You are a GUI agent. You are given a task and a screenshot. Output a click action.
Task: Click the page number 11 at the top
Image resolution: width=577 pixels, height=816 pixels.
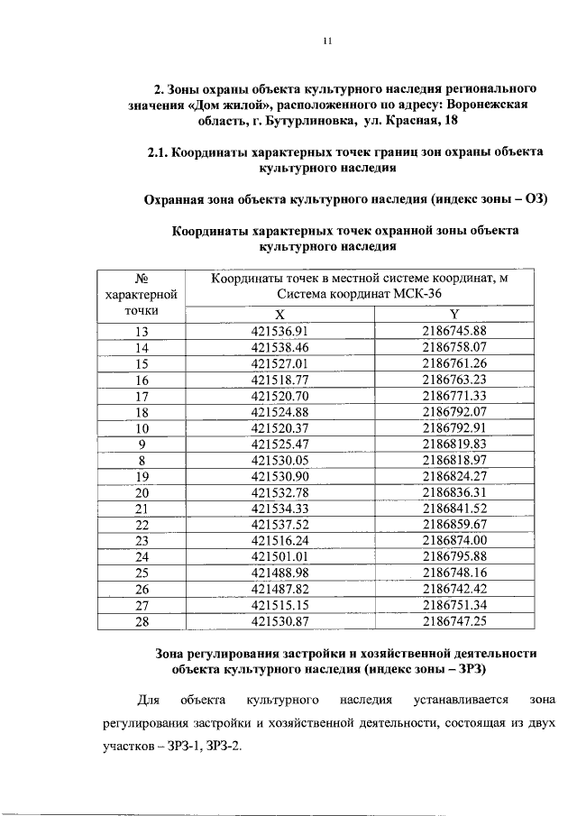(x=328, y=41)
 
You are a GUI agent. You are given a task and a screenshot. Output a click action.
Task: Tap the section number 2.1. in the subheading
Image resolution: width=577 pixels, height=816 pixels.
(x=160, y=153)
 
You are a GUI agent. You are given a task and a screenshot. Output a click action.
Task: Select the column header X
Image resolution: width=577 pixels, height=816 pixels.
(x=279, y=314)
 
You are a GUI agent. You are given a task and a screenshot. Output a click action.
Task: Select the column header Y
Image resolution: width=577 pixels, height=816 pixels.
(x=454, y=314)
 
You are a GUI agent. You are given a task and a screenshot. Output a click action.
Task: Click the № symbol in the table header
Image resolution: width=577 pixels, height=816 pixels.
(x=141, y=280)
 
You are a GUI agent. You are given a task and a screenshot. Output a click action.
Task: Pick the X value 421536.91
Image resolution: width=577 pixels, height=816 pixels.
(x=279, y=330)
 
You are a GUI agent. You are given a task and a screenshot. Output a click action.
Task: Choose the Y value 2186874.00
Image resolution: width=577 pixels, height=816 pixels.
(x=454, y=540)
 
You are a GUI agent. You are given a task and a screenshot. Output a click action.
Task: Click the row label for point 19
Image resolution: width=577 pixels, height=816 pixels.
(x=142, y=476)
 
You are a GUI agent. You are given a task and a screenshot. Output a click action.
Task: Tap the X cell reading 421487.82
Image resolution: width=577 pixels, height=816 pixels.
(x=279, y=589)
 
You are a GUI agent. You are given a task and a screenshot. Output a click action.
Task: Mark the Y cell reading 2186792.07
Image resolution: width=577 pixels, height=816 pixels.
(x=454, y=411)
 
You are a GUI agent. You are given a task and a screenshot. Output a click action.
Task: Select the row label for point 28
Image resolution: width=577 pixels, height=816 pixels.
(x=142, y=621)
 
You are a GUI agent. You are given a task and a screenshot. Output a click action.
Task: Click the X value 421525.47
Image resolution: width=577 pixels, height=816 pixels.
(x=279, y=444)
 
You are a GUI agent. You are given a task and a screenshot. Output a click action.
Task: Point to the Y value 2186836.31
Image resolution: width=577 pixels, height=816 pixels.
(x=454, y=492)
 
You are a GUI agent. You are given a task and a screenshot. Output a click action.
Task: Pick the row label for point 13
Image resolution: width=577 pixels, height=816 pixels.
(x=142, y=330)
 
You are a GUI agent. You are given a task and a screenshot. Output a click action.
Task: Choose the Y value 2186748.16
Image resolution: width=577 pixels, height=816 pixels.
(x=454, y=573)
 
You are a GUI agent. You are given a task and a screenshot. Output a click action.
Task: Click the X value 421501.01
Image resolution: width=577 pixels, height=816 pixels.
(x=279, y=556)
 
